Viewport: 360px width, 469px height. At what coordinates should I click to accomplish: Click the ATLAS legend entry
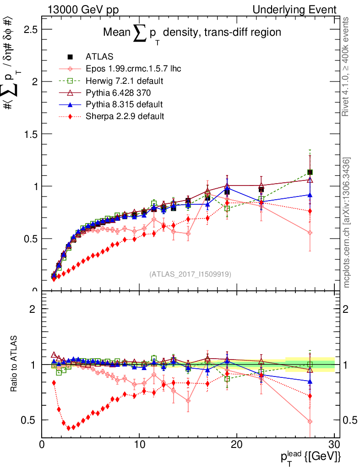click(99, 57)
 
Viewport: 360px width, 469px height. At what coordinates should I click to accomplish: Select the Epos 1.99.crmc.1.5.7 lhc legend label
click(133, 69)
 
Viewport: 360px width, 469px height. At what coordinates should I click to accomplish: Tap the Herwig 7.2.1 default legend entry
click(125, 81)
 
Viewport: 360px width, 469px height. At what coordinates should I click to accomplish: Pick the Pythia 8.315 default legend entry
click(124, 104)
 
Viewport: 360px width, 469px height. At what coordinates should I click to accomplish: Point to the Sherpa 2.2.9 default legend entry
click(125, 116)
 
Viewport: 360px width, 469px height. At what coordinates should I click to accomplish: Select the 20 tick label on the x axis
click(236, 445)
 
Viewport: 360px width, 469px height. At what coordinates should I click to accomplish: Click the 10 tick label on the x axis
click(139, 445)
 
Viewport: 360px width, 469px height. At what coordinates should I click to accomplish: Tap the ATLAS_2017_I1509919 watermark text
click(190, 274)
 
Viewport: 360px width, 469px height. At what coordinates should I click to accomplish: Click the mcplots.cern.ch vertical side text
click(347, 223)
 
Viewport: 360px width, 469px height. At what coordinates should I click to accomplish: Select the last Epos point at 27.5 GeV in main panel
click(310, 233)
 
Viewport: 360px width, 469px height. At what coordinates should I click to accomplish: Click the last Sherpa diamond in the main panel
click(310, 211)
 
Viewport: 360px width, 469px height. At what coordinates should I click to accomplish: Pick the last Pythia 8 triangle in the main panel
click(310, 195)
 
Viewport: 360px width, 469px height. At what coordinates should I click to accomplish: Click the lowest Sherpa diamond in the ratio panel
click(69, 428)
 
